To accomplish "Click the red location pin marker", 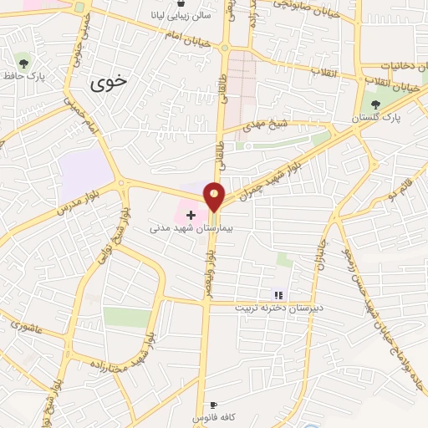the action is pyautogui.click(x=215, y=196).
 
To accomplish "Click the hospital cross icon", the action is pyautogui.click(x=191, y=215).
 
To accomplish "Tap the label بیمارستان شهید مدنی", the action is pyautogui.click(x=184, y=227).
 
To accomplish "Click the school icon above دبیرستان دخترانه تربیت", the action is pyautogui.click(x=278, y=294).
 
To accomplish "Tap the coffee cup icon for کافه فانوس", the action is pyautogui.click(x=213, y=404).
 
